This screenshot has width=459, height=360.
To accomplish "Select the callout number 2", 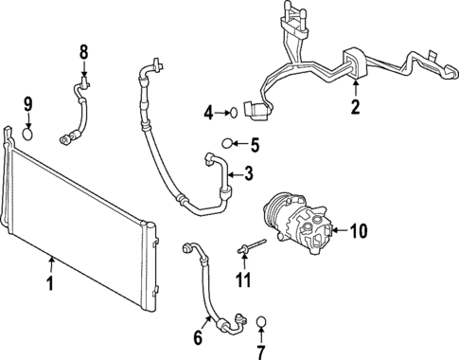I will [355, 107].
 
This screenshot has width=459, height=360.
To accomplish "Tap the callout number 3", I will [248, 173].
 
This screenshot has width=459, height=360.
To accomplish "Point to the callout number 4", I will [209, 115].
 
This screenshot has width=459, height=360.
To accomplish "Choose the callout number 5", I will [254, 145].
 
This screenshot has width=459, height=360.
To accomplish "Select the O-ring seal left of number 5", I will [227, 145].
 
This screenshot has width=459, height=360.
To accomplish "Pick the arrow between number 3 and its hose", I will [234, 173].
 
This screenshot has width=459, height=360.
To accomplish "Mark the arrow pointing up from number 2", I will [355, 92].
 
